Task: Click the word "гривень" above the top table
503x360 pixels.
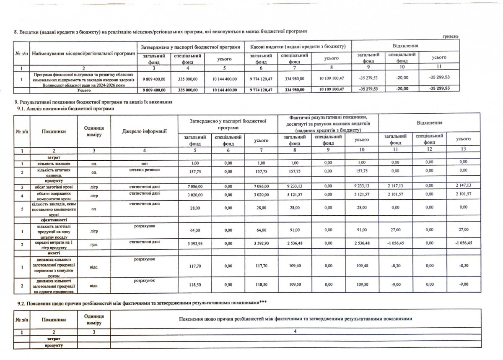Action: point(451,36)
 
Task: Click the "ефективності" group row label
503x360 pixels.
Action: point(54,219)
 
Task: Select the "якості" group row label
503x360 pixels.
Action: point(54,253)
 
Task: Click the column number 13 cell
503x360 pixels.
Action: point(463,150)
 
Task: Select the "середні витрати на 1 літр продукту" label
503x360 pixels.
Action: point(54,243)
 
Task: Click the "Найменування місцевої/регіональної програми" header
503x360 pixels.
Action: point(83,54)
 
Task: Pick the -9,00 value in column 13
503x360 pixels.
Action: point(463,284)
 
